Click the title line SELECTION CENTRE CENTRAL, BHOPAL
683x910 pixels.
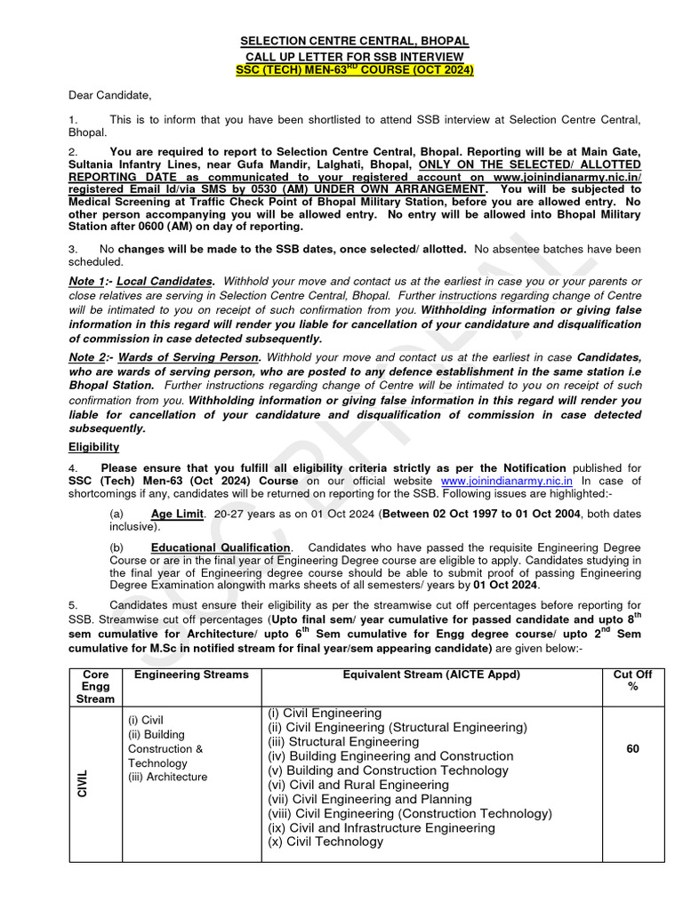355,42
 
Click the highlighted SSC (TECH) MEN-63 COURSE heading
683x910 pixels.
355,70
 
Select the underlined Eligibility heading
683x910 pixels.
93,447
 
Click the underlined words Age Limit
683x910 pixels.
177,514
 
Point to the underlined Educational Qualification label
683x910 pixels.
221,547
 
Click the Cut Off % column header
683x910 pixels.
632,681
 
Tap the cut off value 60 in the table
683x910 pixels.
632,749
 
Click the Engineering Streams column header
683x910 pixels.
191,675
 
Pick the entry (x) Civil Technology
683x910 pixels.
325,842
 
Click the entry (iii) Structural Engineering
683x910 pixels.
343,741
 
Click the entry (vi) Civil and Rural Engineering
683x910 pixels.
358,785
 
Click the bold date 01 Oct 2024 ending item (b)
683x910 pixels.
506,585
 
